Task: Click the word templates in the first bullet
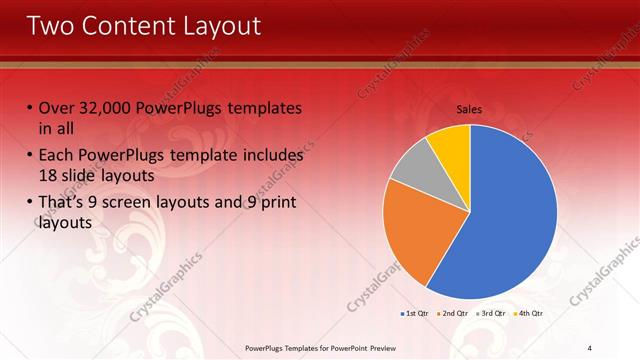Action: pyautogui.click(x=263, y=108)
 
